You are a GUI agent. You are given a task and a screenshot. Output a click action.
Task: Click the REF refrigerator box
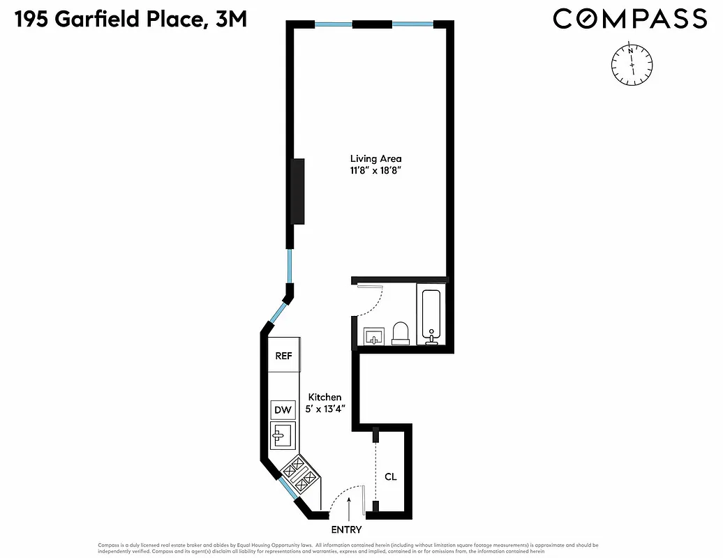click(x=283, y=356)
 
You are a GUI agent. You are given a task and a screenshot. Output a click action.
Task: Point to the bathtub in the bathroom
click(x=432, y=316)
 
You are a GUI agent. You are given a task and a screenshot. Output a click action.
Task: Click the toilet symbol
click(x=401, y=333)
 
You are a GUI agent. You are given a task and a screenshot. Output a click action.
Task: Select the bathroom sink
click(x=374, y=337)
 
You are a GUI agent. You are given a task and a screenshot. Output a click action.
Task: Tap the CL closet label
click(x=391, y=477)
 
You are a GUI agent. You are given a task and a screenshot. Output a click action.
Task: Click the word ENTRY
click(x=346, y=530)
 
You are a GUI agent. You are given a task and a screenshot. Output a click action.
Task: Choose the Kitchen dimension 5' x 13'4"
click(x=325, y=409)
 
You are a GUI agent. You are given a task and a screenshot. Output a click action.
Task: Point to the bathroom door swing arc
click(x=377, y=301)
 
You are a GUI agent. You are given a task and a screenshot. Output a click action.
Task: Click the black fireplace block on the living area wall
click(x=299, y=190)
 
